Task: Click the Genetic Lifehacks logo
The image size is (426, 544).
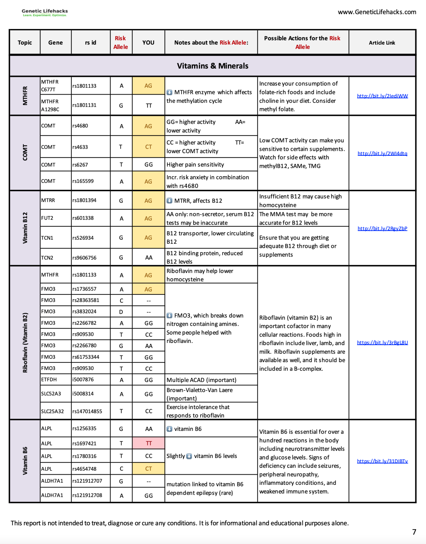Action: coord(45,12)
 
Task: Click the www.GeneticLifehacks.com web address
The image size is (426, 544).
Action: coord(377,12)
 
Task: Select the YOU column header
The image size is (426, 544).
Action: coord(148,42)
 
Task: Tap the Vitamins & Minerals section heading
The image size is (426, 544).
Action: coord(212,66)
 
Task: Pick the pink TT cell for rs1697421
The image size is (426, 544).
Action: coord(149,443)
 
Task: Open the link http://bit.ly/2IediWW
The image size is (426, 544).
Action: coord(382,96)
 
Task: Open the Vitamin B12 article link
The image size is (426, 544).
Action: coord(382,228)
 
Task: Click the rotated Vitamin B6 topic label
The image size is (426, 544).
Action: coord(25,461)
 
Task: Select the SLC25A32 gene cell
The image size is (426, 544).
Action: coord(53,411)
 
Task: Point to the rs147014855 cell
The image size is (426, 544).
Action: coord(87,411)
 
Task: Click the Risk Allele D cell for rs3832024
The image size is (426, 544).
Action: coord(121,312)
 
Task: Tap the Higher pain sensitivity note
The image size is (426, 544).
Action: coord(195,165)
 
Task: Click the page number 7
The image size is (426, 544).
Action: coord(414,532)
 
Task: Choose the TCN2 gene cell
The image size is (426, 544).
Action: coord(47,258)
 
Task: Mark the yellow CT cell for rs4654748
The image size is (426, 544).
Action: coord(149,469)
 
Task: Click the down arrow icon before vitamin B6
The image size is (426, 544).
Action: coord(169,429)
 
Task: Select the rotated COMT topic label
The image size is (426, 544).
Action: coord(25,153)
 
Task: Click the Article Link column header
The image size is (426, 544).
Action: coord(382,43)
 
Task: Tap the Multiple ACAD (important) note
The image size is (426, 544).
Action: coord(201,380)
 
